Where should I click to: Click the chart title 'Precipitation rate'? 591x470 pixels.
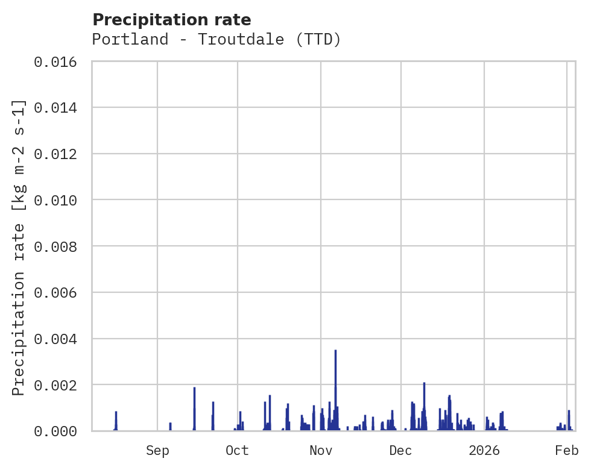coord(171,20)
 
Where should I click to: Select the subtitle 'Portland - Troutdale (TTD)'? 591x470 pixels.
coord(216,40)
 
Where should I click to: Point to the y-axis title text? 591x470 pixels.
coord(19,247)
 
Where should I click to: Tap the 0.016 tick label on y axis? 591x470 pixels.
coord(59,61)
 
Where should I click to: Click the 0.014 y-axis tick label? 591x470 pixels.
coord(59,108)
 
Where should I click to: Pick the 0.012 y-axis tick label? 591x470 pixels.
coord(59,154)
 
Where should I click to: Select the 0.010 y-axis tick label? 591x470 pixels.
coord(59,200)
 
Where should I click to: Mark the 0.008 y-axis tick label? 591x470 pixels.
coord(59,246)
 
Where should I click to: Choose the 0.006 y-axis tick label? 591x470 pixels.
coord(59,293)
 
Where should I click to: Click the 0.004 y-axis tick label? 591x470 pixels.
coord(59,339)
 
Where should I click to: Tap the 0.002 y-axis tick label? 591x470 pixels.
coord(59,385)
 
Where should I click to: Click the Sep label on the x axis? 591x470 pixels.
coord(157,451)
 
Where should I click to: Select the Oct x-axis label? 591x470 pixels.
coord(237,451)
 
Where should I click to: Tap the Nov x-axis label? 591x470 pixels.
coord(320,451)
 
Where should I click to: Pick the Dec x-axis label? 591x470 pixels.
coord(400,451)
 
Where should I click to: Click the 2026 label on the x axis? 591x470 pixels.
coord(484,451)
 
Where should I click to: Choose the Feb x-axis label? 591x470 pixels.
coord(567,451)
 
